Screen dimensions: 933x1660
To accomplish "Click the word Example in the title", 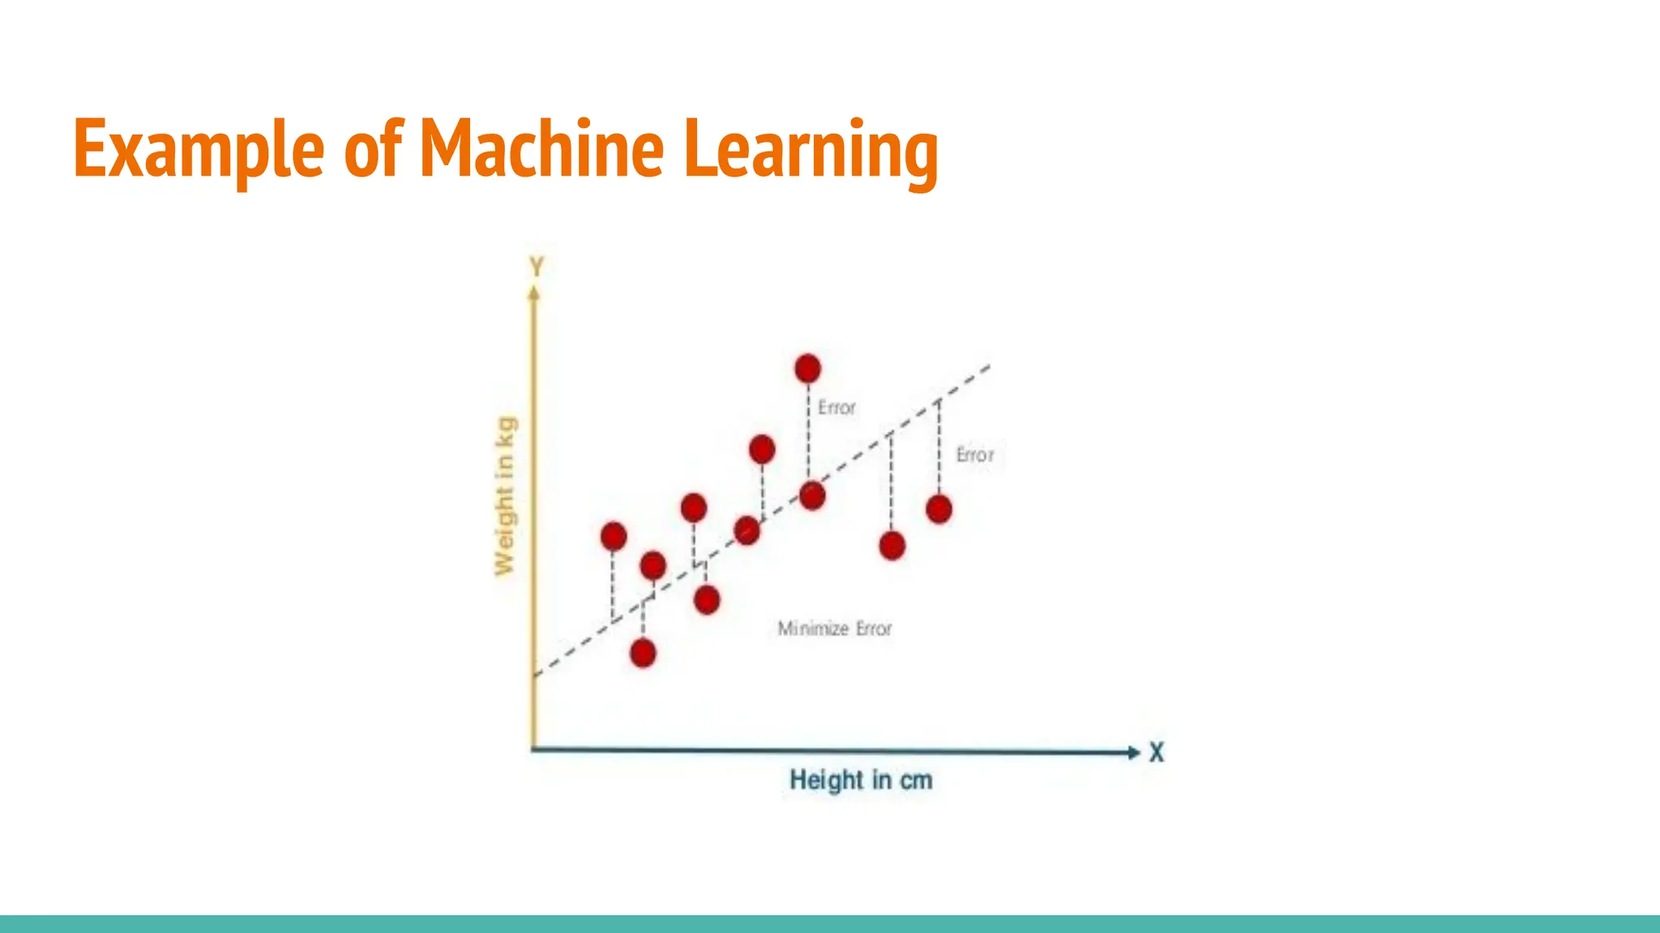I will click(199, 150).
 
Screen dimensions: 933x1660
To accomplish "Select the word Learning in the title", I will click(811, 150).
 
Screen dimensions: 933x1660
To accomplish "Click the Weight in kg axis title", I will click(505, 496).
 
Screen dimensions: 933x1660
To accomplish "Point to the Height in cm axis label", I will click(861, 780).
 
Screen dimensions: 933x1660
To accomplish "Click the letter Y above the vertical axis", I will click(537, 266).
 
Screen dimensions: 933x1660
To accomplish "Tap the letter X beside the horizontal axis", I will click(1157, 752).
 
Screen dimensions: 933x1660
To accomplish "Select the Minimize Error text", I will click(834, 628).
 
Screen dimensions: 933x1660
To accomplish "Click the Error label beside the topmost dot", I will click(836, 407).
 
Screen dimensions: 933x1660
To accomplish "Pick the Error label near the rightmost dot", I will click(974, 455).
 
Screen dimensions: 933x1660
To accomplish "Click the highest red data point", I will click(807, 369).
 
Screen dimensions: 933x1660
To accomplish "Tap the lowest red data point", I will click(643, 653).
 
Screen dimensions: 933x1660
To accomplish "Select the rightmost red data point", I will click(939, 509).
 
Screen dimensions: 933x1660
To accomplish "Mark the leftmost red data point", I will click(614, 535).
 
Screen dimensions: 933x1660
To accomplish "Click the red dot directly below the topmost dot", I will click(811, 496).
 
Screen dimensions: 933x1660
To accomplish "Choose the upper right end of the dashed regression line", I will click(989, 366).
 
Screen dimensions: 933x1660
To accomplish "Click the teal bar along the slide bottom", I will click(830, 924).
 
